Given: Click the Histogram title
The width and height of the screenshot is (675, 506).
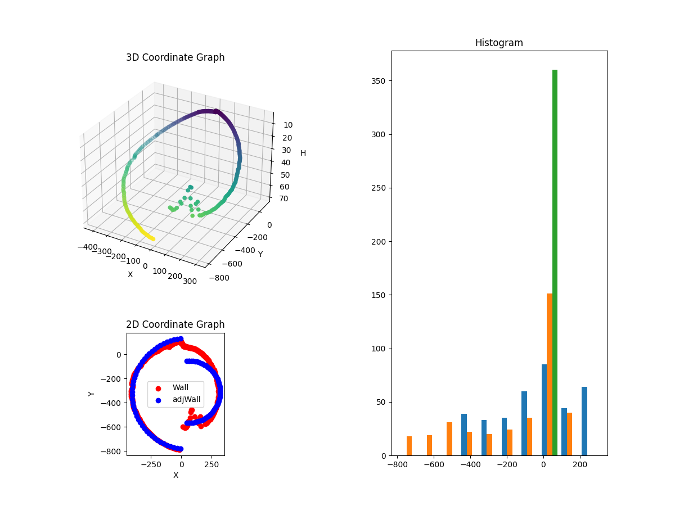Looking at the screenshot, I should tap(499, 43).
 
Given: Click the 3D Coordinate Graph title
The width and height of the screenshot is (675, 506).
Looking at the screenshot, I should tap(175, 57).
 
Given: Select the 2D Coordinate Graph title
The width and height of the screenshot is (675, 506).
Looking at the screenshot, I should tap(175, 324).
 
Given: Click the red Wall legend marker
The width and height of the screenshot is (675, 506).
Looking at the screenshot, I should tap(158, 388).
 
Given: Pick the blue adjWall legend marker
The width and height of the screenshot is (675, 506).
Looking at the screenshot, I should tap(158, 400).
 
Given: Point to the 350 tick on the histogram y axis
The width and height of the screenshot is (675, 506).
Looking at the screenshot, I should tap(380, 81).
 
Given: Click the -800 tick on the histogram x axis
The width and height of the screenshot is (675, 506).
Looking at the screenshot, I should tap(397, 464).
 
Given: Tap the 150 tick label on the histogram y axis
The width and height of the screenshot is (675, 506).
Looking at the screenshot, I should tap(380, 295).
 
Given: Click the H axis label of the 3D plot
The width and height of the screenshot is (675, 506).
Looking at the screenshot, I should tap(303, 153).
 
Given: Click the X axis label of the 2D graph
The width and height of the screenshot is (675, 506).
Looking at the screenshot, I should tap(175, 475).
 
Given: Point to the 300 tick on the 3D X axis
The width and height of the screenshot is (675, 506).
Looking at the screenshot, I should tap(190, 282).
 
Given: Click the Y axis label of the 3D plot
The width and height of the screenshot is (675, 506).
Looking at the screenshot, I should tap(260, 254).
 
